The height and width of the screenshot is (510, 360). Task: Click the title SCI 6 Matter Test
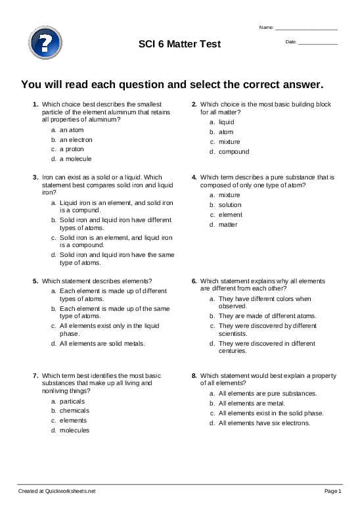click(x=179, y=44)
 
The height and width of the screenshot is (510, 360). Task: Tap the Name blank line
click(x=306, y=29)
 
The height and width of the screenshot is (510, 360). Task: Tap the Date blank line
click(x=318, y=43)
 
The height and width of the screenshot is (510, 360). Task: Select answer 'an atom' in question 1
click(x=72, y=130)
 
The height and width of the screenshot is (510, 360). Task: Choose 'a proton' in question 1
click(x=72, y=149)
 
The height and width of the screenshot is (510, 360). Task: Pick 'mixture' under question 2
click(x=229, y=142)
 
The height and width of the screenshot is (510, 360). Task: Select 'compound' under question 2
click(x=234, y=152)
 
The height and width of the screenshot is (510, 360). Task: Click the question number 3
click(x=35, y=177)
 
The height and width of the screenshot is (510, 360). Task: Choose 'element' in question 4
click(x=231, y=215)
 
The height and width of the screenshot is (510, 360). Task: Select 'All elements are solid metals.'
click(x=102, y=343)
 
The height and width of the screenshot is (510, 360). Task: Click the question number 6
click(x=194, y=281)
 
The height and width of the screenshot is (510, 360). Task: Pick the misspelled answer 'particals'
click(x=72, y=400)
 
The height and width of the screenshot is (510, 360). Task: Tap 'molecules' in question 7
click(x=74, y=430)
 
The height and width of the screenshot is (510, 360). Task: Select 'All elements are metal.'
click(x=251, y=403)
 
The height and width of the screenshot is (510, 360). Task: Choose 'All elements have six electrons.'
click(x=264, y=423)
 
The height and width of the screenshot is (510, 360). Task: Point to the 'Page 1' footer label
click(x=333, y=491)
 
